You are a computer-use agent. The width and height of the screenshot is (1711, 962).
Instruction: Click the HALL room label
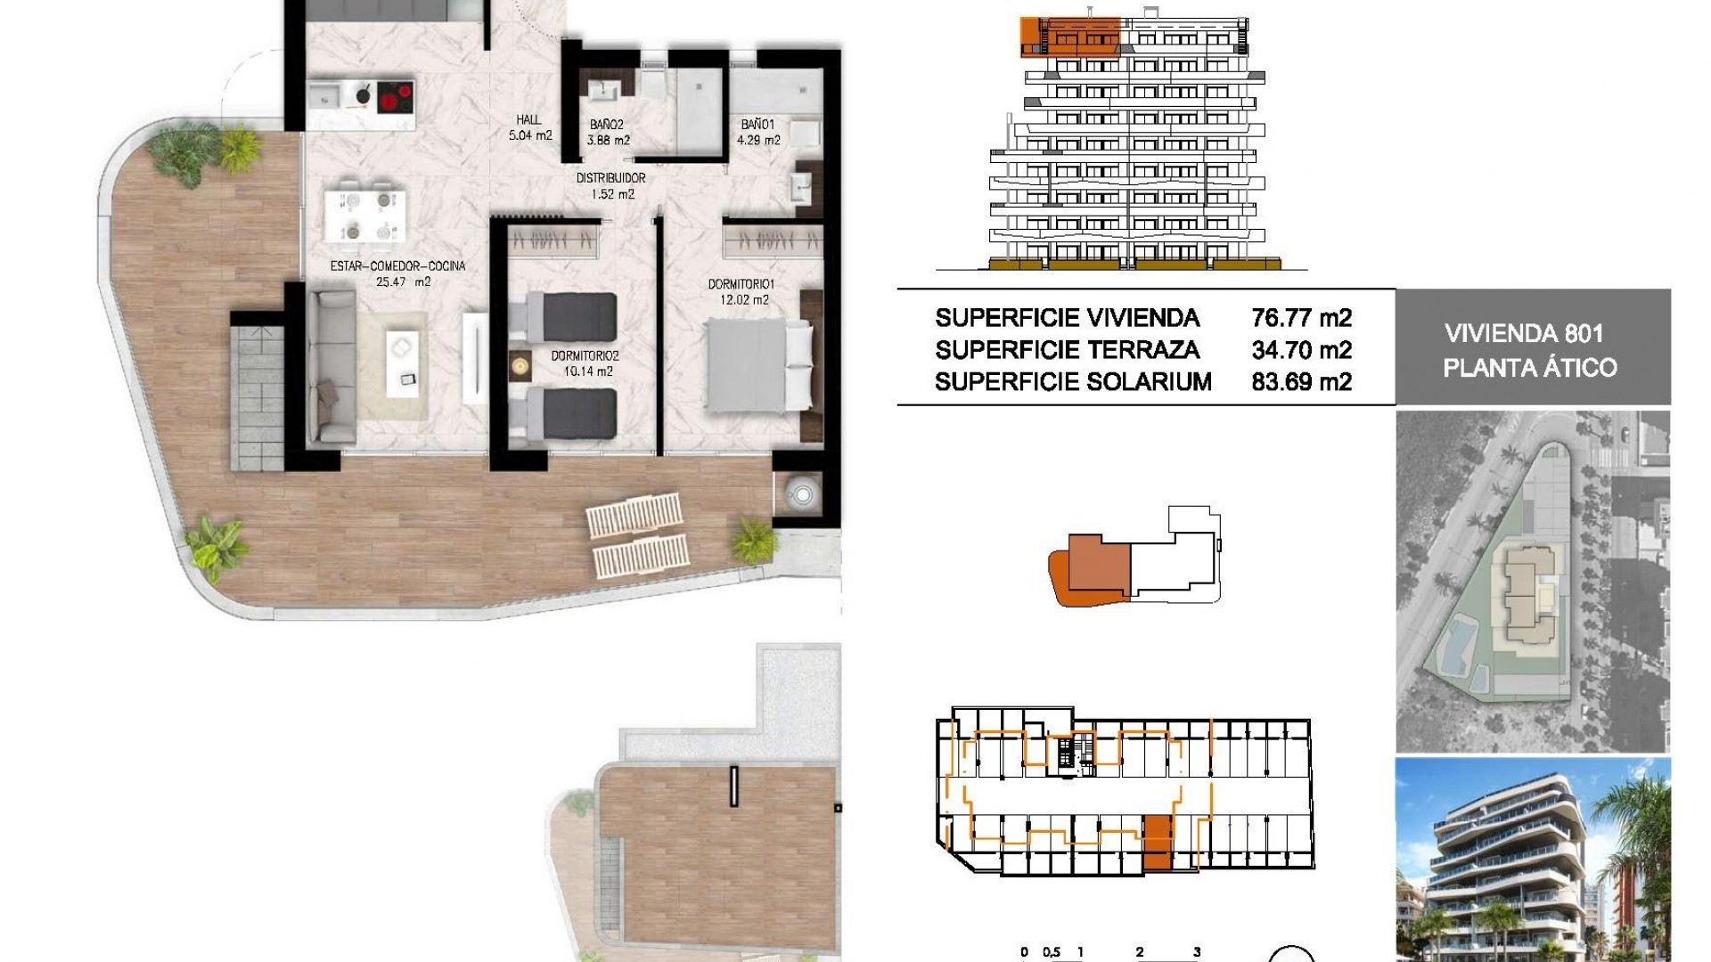click(528, 120)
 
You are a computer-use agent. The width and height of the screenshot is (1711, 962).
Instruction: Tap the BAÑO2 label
click(607, 126)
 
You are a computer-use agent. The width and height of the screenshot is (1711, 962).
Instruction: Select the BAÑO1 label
click(758, 126)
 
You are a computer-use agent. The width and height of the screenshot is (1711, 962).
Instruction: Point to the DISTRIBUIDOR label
click(610, 178)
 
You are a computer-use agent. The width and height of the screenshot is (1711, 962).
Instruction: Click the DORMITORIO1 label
click(741, 284)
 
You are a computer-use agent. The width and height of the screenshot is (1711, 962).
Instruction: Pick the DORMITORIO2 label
click(585, 356)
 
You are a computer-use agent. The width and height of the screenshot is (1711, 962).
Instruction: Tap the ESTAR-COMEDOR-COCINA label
click(397, 266)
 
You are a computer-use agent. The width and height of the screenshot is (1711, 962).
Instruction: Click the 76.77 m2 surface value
click(1301, 318)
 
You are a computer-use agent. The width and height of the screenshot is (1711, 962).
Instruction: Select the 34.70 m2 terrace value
click(1301, 350)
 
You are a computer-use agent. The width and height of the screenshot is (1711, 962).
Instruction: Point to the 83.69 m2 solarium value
click(1301, 382)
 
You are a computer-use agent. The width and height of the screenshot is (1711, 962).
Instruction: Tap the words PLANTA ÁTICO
click(1530, 367)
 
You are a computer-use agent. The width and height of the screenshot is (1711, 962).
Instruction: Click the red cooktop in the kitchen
click(397, 95)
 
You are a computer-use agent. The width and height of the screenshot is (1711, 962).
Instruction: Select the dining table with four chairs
click(368, 216)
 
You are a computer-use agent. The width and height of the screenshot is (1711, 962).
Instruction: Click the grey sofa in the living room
click(331, 368)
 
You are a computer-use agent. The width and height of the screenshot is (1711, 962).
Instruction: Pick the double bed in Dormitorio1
click(758, 366)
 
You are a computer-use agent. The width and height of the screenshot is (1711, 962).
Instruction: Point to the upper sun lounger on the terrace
click(635, 518)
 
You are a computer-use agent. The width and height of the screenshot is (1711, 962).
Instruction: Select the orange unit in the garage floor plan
click(1156, 842)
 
